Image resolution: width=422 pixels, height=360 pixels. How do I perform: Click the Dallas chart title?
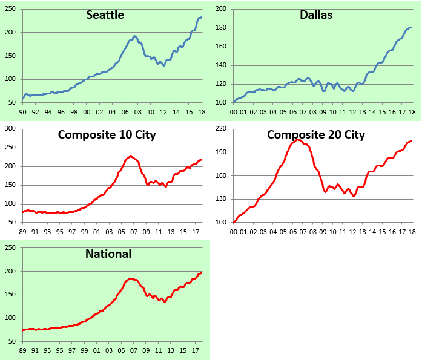pyautogui.click(x=316, y=15)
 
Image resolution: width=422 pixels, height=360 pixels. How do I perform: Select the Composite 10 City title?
pyautogui.click(x=107, y=134)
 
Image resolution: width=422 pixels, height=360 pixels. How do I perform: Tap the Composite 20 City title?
pyautogui.click(x=316, y=134)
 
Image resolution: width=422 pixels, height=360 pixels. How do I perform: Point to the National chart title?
pyautogui.click(x=108, y=254)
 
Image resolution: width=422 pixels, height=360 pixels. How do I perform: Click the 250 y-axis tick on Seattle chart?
pyautogui.click(x=13, y=9)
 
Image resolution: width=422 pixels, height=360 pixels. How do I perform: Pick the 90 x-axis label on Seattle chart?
pyautogui.click(x=23, y=112)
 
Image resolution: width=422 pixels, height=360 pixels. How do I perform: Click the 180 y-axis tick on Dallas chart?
pyautogui.click(x=223, y=28)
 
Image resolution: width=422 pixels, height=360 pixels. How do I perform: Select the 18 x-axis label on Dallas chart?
pyautogui.click(x=412, y=112)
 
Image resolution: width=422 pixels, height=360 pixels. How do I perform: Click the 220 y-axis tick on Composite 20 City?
pyautogui.click(x=223, y=129)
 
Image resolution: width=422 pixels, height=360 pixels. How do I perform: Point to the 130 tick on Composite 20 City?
pyautogui.click(x=223, y=199)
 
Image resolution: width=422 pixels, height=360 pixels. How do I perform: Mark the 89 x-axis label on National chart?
pyautogui.click(x=23, y=351)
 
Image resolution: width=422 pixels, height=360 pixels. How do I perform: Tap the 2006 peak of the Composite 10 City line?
pyautogui.click(x=131, y=156)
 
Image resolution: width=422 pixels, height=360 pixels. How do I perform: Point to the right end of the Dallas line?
pyautogui.click(x=412, y=28)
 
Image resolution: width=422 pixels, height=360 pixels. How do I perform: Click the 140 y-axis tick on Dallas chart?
pyautogui.click(x=223, y=65)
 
